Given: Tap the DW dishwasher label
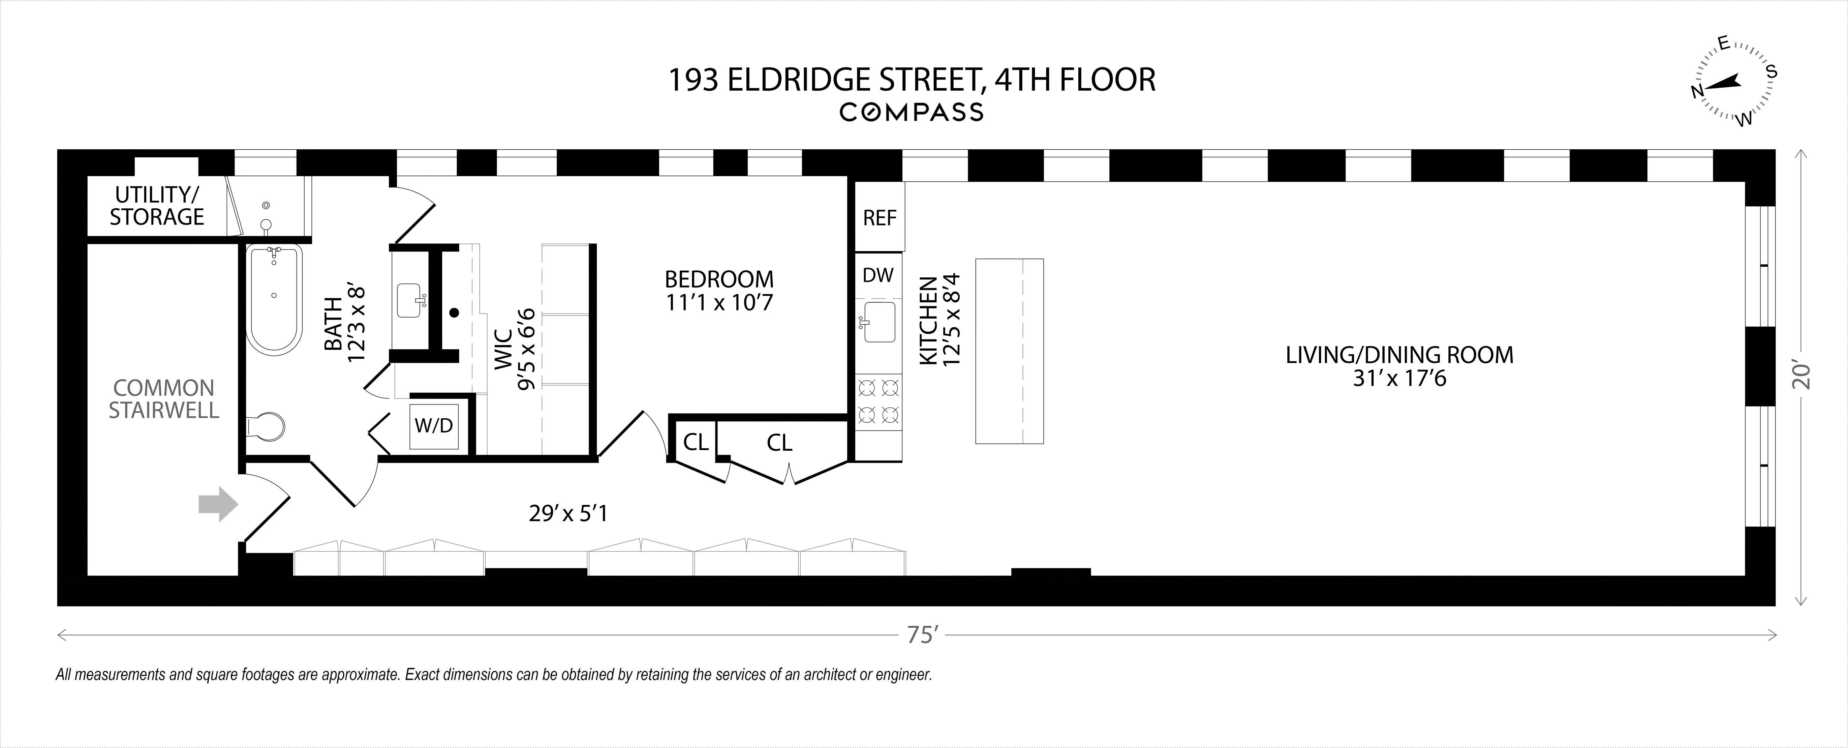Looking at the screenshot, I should [x=878, y=275].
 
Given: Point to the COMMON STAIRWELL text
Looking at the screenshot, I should [x=163, y=398].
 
